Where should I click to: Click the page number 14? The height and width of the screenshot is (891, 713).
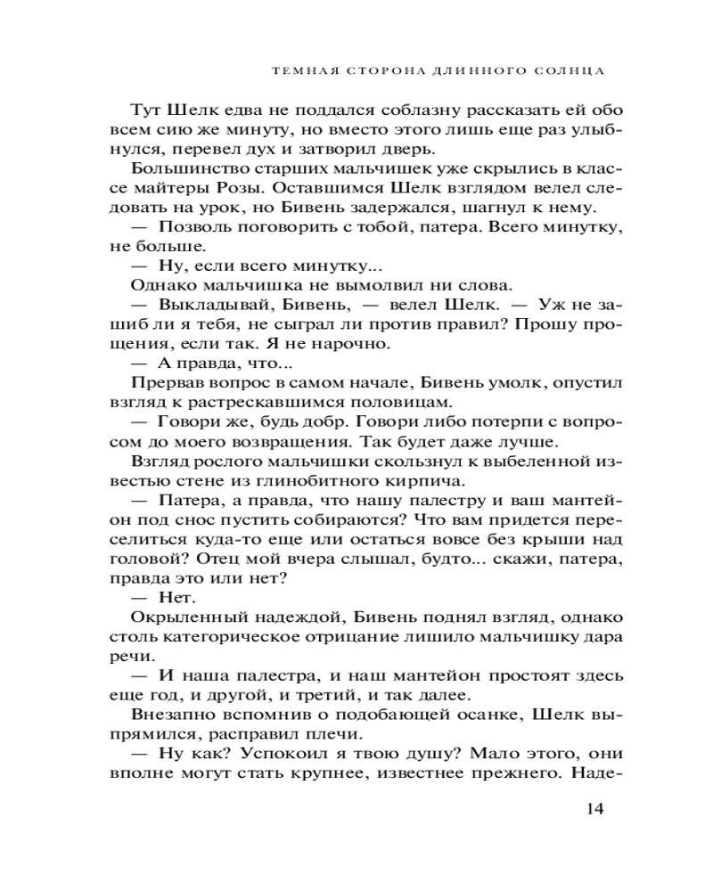pos(595,809)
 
